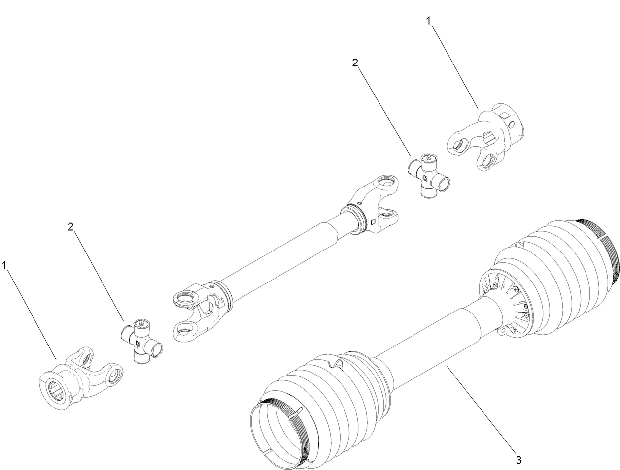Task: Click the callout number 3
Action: [518, 460]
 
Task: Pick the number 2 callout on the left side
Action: [70, 226]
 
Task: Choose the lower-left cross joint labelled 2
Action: [141, 340]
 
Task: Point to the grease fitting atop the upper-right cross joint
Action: [428, 157]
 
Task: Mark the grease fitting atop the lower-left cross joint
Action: [142, 322]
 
